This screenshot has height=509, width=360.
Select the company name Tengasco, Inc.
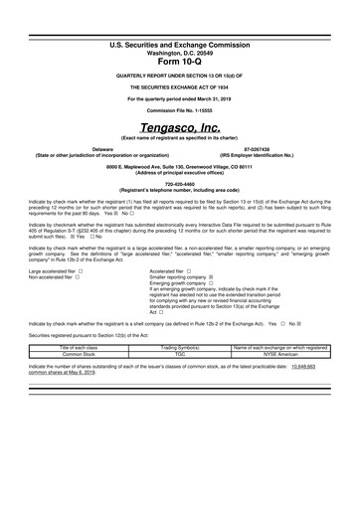(179, 128)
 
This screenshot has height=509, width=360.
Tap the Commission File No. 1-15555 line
(179, 109)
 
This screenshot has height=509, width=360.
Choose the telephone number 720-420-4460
(179, 183)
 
